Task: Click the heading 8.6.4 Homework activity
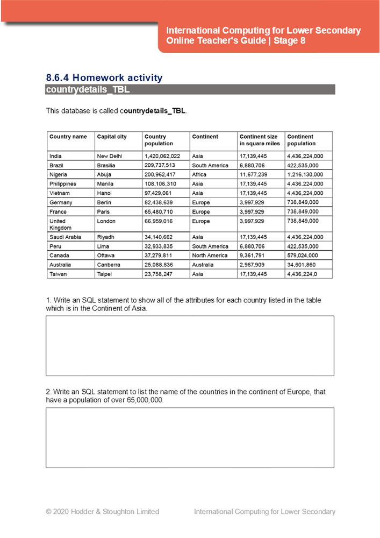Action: click(104, 78)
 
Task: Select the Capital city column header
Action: click(112, 137)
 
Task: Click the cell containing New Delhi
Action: click(110, 156)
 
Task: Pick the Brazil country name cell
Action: click(56, 166)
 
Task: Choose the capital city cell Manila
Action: click(105, 184)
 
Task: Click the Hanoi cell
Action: click(104, 193)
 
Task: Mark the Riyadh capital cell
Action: click(106, 237)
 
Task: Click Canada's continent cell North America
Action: click(210, 256)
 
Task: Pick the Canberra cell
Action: click(109, 265)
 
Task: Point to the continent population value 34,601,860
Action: click(305, 265)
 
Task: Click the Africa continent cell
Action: click(199, 175)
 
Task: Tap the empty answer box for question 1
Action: click(190, 345)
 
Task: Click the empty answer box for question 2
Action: click(190, 437)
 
